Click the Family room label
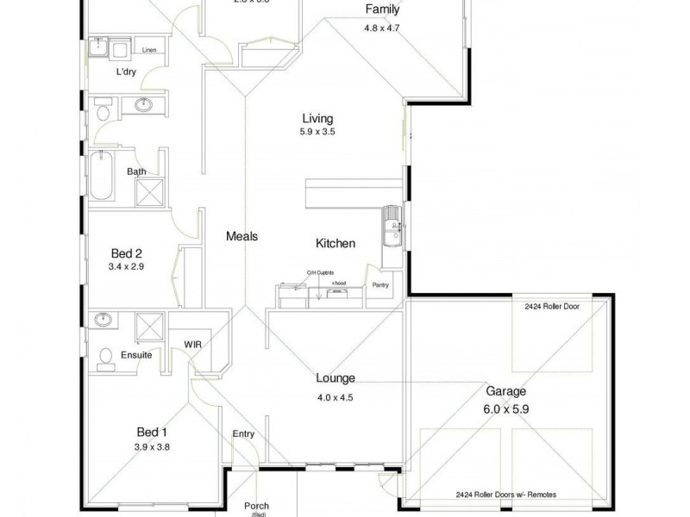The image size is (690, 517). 382,10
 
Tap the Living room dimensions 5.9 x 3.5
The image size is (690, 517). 317,134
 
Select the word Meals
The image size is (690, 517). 242,236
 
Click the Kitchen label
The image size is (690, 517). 335,244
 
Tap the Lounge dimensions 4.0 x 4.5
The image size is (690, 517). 336,397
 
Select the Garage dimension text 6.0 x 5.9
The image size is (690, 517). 505,409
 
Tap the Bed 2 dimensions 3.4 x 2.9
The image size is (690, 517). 126,267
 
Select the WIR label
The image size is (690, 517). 192,345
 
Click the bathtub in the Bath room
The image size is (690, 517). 101,177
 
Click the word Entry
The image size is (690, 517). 243,434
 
